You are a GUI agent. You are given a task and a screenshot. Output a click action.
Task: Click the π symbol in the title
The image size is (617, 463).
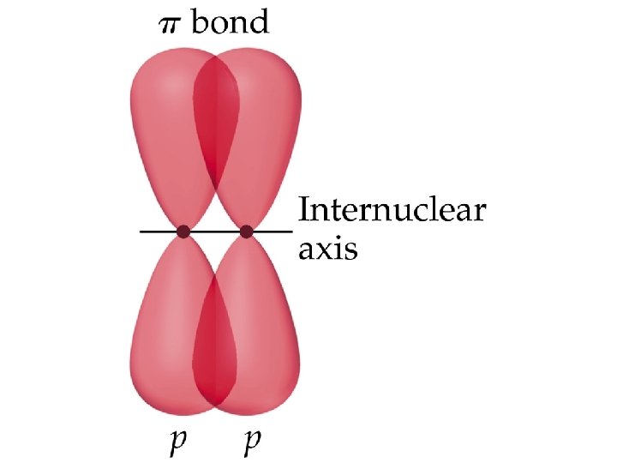click(172, 23)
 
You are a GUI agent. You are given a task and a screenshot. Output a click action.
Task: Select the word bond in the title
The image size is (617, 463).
click(229, 21)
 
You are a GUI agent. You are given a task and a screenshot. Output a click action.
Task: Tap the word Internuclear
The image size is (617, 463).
click(391, 211)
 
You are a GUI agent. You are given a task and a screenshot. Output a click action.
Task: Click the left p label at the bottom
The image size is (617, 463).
click(177, 442)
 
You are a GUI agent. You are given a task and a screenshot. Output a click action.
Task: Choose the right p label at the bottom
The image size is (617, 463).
click(252, 442)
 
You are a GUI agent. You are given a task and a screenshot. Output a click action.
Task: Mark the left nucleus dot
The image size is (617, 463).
click(183, 231)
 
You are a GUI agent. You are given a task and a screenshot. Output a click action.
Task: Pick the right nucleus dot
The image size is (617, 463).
click(247, 231)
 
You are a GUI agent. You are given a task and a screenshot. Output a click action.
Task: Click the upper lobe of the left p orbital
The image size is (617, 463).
click(163, 129)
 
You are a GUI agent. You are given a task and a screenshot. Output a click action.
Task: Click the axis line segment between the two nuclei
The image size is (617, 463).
click(215, 231)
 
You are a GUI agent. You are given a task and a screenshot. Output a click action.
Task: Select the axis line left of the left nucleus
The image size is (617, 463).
click(159, 231)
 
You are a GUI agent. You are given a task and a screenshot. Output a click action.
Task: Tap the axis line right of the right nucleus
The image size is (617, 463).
click(273, 231)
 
